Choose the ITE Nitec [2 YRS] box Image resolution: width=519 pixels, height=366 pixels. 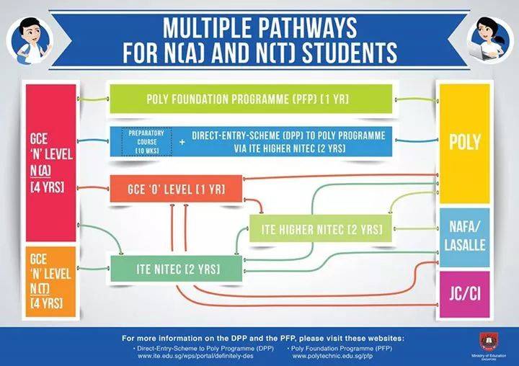(x=176, y=269)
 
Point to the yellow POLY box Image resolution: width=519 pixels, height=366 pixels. (x=464, y=142)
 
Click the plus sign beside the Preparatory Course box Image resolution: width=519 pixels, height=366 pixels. (x=182, y=142)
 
